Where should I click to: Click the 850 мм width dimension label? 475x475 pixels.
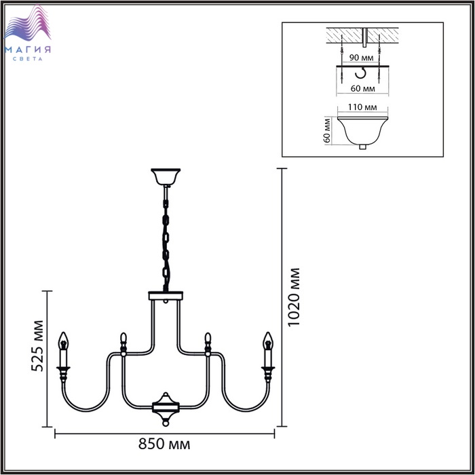click(x=164, y=444)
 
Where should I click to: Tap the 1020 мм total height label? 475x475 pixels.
click(x=294, y=297)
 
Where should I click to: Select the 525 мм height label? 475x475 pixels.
click(x=37, y=345)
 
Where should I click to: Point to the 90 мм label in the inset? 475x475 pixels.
click(x=361, y=57)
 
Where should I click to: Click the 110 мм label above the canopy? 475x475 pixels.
click(x=362, y=107)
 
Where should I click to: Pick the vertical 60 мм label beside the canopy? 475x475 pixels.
click(x=326, y=130)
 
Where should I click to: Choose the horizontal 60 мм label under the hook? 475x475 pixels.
click(x=362, y=88)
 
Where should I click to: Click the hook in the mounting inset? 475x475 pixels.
click(x=360, y=73)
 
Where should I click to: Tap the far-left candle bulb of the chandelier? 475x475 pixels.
click(x=63, y=341)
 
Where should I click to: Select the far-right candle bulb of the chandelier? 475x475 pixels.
click(x=268, y=341)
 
